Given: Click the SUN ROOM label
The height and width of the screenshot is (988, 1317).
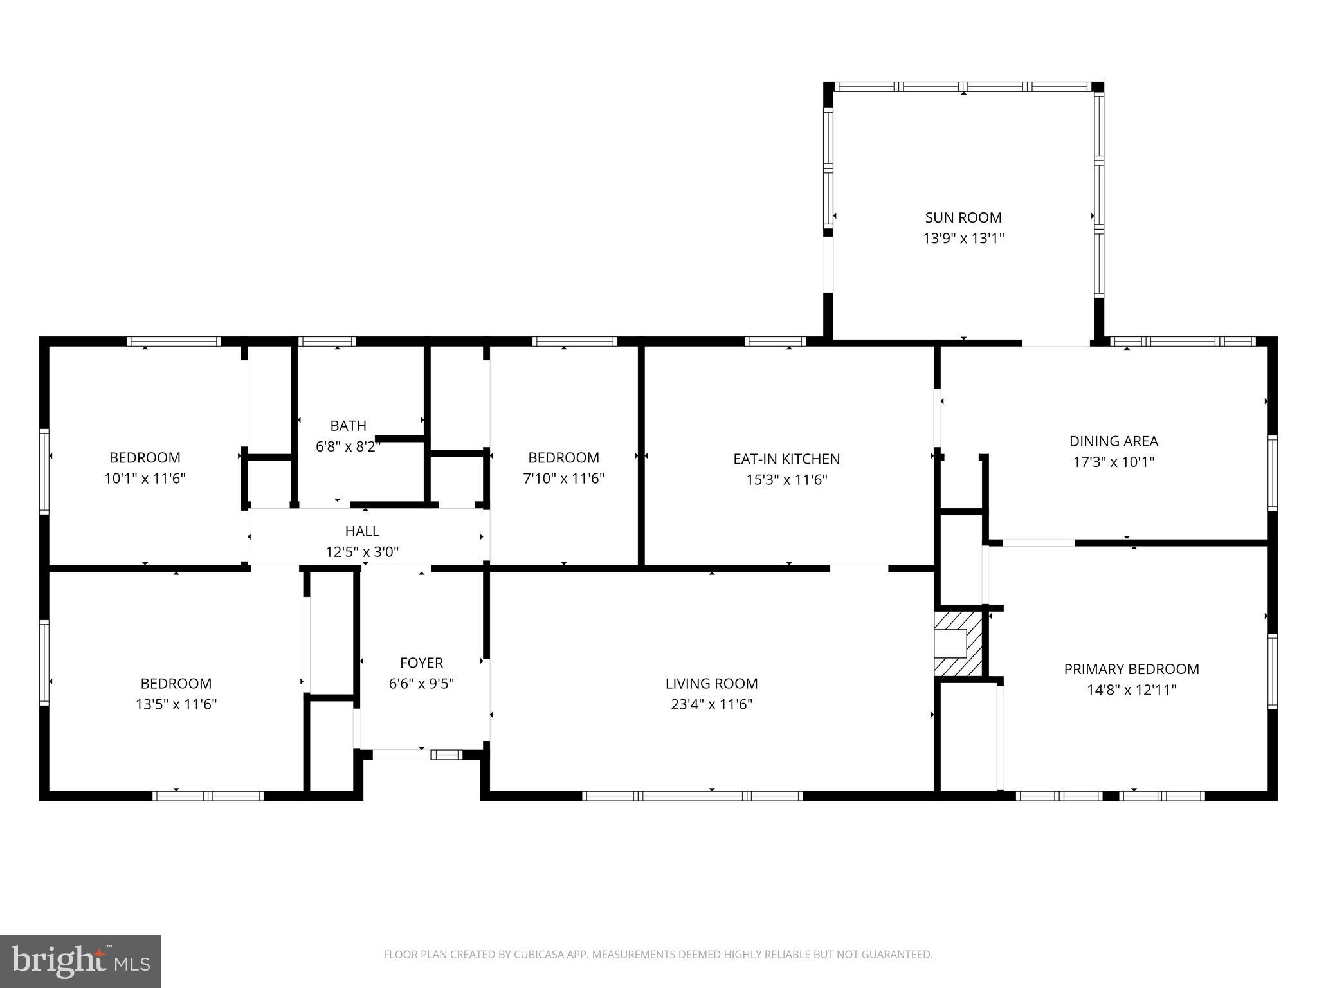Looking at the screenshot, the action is click(x=963, y=217).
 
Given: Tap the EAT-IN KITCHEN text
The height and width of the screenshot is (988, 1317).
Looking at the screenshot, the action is click(x=786, y=459).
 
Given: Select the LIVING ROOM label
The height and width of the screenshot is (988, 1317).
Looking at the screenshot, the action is click(x=711, y=683).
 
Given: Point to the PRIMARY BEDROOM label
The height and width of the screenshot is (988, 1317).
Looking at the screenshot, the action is click(x=1131, y=669).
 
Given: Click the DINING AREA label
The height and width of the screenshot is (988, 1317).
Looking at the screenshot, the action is click(x=1114, y=441).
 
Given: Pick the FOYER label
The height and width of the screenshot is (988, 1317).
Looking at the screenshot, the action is click(x=421, y=663).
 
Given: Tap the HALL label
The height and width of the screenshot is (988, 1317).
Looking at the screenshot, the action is click(x=362, y=531).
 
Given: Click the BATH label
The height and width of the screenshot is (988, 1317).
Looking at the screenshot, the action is click(x=348, y=425).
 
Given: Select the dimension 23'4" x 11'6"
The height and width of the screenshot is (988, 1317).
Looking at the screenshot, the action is click(x=711, y=704).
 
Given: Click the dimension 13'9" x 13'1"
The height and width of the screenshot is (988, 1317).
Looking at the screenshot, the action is click(x=963, y=239).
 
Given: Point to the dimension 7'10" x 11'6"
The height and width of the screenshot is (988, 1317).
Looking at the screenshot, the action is click(x=563, y=479).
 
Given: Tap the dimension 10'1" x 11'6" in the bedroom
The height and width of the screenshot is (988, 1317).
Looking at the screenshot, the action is click(x=145, y=479).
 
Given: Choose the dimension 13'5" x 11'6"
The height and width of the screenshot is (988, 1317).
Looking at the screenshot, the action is click(x=176, y=704).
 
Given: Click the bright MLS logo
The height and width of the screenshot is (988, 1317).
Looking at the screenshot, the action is click(x=80, y=962).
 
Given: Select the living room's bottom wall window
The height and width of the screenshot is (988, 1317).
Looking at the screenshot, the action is click(x=693, y=796).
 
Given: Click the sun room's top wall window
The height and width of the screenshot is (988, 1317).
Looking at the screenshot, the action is click(x=963, y=87).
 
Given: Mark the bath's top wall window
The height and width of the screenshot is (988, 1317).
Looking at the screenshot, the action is click(x=327, y=342).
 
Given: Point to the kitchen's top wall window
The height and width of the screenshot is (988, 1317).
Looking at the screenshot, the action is click(x=775, y=342).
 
